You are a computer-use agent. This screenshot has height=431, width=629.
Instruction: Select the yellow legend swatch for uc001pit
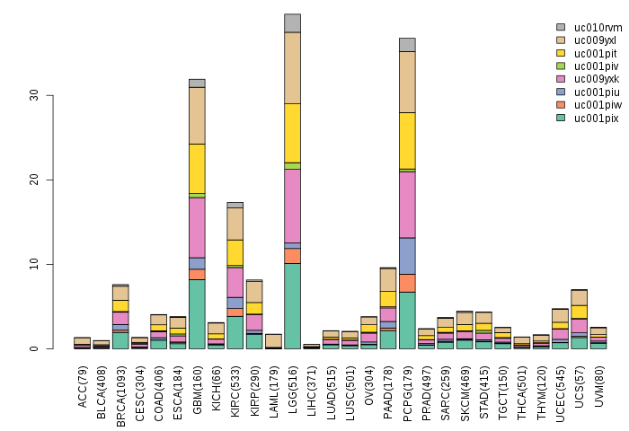pyautogui.click(x=561, y=53)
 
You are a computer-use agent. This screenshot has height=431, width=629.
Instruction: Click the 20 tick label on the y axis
pyautogui.click(x=34, y=180)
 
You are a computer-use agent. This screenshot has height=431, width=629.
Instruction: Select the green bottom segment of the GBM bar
pyautogui.click(x=197, y=314)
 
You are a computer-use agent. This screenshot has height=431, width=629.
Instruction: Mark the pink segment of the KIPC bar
pyautogui.click(x=235, y=282)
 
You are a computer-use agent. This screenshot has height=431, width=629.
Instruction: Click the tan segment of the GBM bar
pyautogui.click(x=197, y=115)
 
